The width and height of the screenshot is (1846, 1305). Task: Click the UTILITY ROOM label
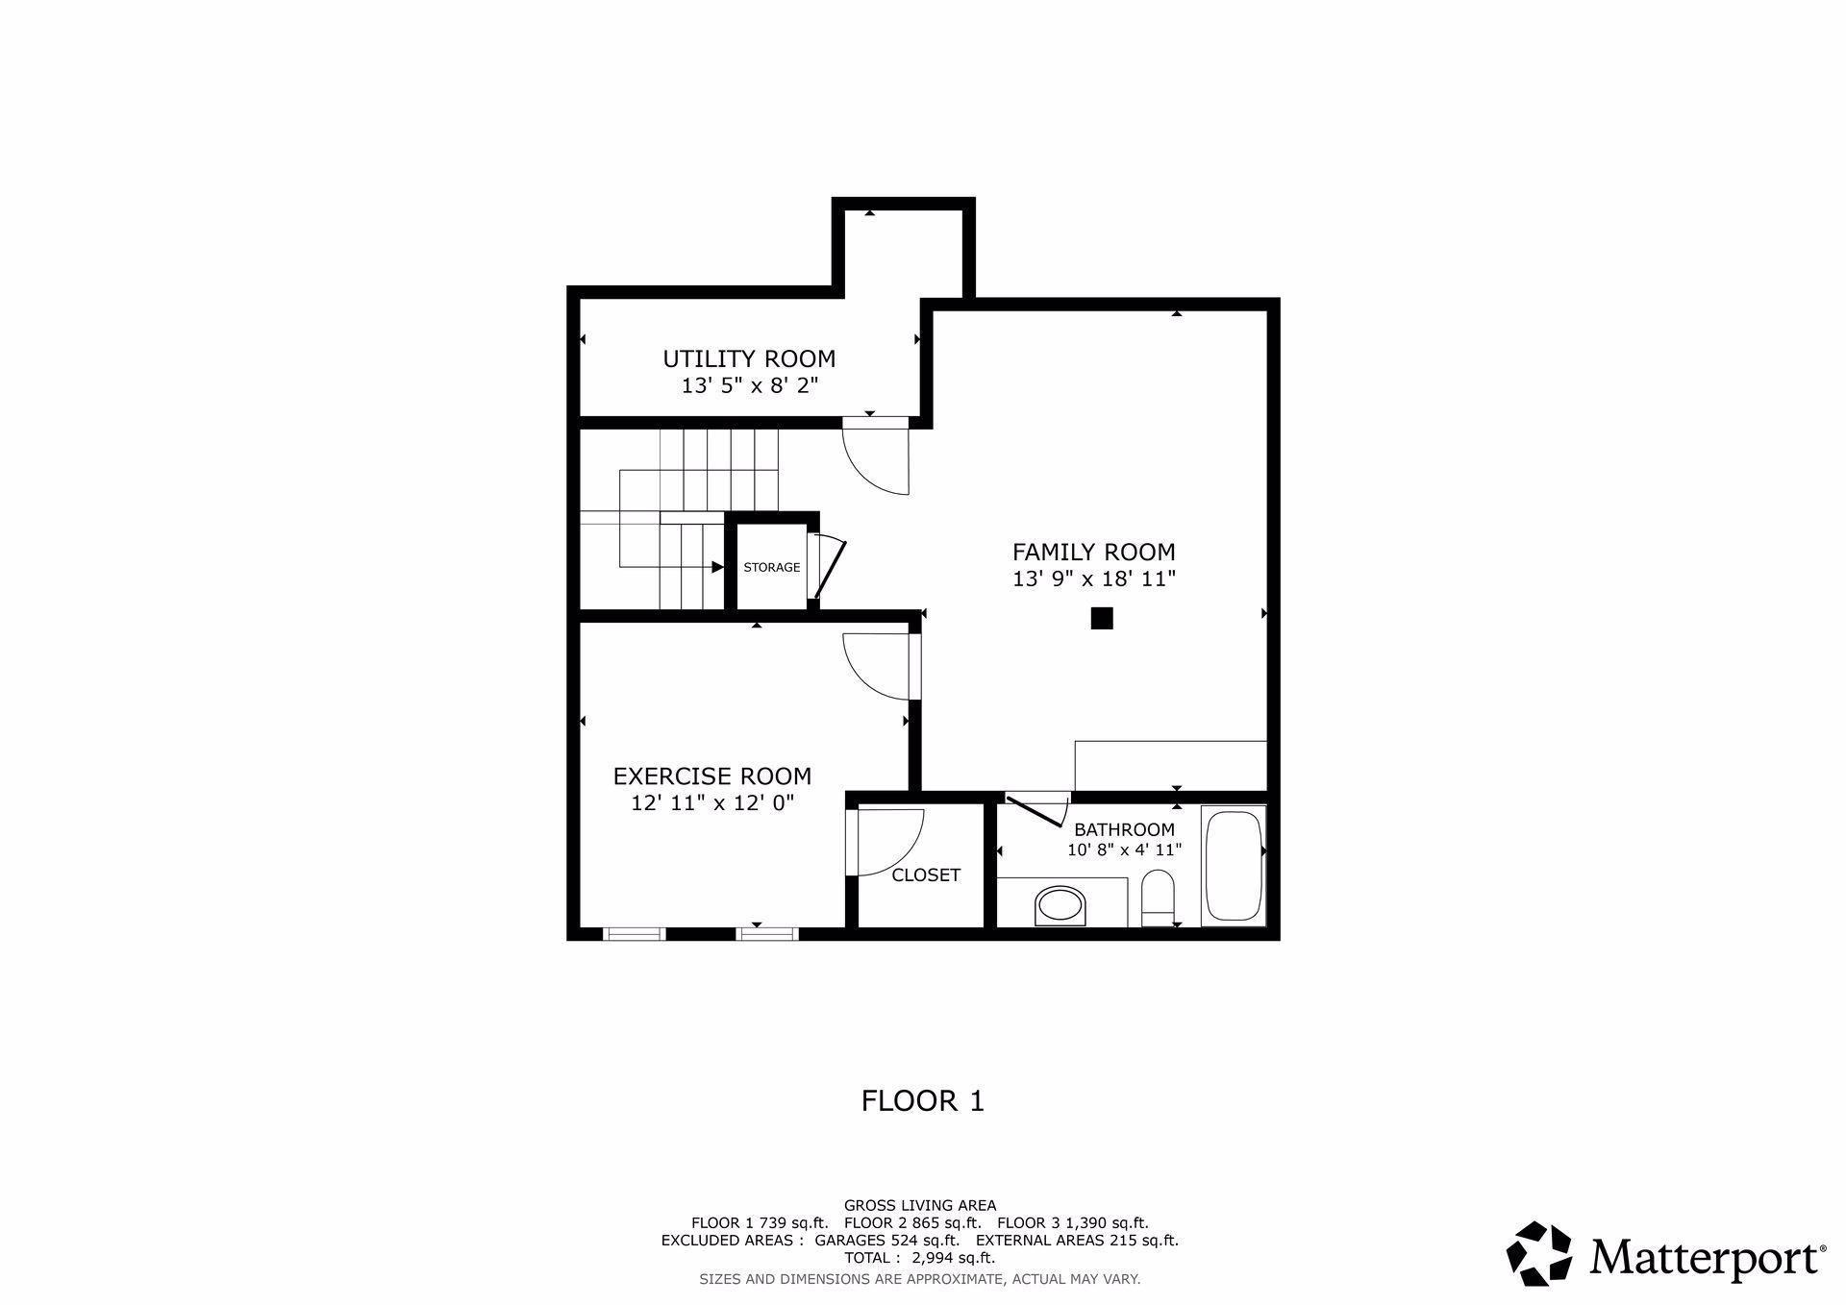coord(749,359)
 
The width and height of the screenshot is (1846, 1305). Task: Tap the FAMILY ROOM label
coord(1093,553)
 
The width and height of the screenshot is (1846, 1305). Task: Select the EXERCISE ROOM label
coord(711,776)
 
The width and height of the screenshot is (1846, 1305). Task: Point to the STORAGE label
coord(772,568)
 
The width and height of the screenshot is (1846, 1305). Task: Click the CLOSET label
coord(926,875)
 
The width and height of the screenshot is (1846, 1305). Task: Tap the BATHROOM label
coord(1124,830)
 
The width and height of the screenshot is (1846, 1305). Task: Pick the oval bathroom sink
coord(1060,906)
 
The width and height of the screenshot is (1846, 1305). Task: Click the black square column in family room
coord(1102,619)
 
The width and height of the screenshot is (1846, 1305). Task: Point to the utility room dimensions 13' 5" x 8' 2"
coord(750,386)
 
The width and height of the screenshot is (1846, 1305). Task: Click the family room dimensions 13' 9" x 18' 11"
coord(1094,579)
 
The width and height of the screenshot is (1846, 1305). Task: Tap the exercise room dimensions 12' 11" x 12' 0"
coord(712,803)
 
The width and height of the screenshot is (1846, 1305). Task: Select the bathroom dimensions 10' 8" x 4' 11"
coord(1124,850)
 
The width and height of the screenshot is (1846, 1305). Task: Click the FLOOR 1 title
coord(923,1101)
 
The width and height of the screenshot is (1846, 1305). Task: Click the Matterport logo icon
coord(1539,1254)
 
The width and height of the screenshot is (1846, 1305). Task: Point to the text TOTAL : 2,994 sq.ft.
coord(919,1258)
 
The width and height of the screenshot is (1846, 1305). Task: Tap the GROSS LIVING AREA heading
coord(920,1206)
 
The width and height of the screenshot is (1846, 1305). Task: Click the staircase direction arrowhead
coord(717,567)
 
